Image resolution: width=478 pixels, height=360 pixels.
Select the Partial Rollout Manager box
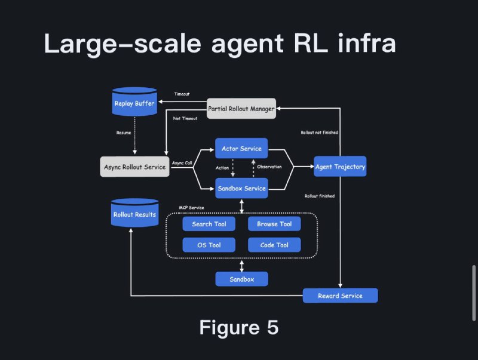[241, 108]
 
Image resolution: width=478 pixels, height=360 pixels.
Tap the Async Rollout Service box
[134, 167]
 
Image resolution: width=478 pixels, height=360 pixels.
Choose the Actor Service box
[241, 148]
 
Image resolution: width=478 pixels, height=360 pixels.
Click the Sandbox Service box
[241, 188]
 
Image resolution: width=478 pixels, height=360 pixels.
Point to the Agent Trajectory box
[340, 167]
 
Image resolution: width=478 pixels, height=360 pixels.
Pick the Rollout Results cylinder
[134, 214]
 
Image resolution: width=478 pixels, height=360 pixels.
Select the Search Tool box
[209, 224]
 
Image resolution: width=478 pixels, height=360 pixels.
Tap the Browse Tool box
[274, 224]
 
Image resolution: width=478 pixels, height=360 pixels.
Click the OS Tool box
[209, 245]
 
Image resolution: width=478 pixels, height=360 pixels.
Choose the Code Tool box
[274, 245]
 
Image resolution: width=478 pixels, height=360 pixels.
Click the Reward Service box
[340, 296]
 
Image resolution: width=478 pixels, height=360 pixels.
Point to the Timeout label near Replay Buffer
[182, 94]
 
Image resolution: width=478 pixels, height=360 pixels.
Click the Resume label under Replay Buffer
[124, 133]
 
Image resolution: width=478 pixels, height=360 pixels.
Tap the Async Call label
[182, 162]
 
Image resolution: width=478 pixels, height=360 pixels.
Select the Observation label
[269, 167]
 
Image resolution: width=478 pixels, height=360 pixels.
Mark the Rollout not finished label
[320, 133]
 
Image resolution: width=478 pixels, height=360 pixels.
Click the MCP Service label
[192, 207]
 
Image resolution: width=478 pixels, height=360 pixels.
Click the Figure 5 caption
[238, 328]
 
